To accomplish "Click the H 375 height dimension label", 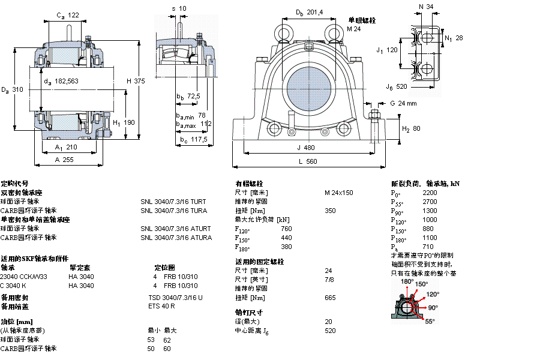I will (x=136, y=81).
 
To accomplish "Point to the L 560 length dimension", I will (x=307, y=161).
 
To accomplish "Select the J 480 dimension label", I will (x=305, y=148).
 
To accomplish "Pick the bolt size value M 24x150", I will (x=339, y=193).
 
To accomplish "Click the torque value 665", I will (x=330, y=298).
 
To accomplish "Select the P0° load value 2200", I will (x=430, y=193).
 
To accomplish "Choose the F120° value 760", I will (x=286, y=229).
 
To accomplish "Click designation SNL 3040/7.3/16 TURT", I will (x=173, y=202).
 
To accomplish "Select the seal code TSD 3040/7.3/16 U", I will (x=175, y=298).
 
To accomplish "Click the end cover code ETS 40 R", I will (x=162, y=307).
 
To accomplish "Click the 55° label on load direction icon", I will (x=430, y=322).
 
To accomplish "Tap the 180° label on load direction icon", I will (x=407, y=281).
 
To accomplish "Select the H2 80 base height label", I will (x=411, y=128).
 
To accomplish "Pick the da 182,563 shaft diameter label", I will (x=62, y=81).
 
